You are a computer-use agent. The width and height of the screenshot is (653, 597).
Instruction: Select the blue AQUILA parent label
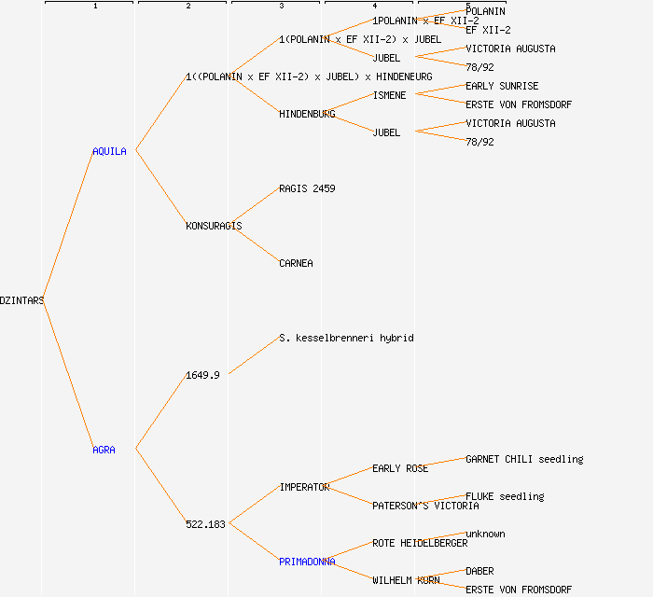109,151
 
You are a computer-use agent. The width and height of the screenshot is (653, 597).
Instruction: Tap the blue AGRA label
104,450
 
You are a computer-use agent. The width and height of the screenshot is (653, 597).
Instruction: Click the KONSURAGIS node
214,226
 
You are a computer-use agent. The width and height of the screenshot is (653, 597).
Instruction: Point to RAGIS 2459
307,188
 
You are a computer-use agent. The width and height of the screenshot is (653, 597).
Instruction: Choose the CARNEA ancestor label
296,263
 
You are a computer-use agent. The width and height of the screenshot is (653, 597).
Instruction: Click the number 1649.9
202,375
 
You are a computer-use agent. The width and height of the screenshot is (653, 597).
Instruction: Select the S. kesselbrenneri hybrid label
346,338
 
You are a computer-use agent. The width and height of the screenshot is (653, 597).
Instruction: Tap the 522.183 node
205,524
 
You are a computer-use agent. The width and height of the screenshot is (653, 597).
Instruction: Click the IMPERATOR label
304,487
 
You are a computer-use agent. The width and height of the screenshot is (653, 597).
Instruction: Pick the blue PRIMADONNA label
307,562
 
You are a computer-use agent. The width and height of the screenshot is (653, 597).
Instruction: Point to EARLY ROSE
400,468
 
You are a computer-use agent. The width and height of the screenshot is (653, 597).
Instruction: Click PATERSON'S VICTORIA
425,506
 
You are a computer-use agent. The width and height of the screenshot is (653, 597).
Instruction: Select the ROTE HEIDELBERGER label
420,543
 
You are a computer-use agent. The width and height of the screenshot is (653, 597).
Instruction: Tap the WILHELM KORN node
406,580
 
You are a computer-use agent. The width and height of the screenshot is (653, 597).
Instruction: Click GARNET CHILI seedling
524,459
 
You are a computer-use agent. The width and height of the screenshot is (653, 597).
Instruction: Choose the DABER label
479,571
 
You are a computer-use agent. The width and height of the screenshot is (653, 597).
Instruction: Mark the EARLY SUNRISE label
502,86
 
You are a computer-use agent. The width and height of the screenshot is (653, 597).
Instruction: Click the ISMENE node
389,95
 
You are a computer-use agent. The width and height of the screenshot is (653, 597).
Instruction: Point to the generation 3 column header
281,6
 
